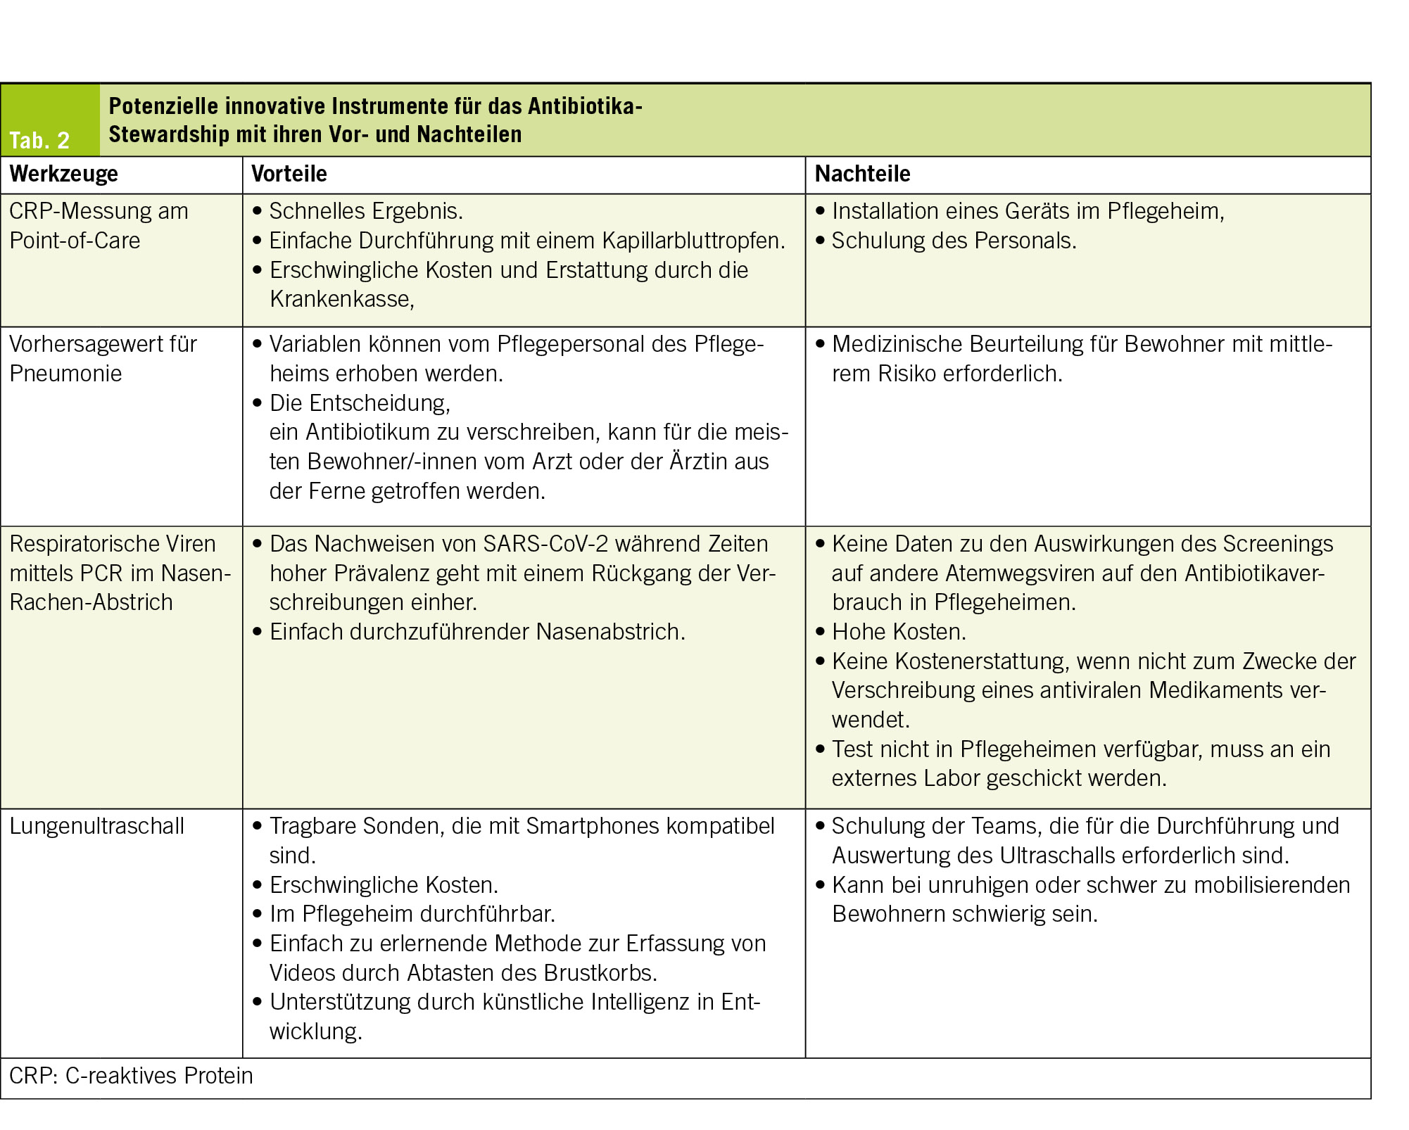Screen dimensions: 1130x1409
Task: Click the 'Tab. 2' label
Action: [39, 140]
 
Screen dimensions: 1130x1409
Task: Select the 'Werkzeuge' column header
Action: [64, 174]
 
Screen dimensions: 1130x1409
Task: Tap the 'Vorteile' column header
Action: [289, 174]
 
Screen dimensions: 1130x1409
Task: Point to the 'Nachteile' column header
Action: [862, 174]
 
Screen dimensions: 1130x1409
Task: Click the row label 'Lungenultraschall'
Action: [97, 826]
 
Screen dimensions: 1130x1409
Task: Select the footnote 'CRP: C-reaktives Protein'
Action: [131, 1076]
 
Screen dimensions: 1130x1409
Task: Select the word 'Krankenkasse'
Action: [341, 299]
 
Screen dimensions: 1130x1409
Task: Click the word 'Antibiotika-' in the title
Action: [585, 106]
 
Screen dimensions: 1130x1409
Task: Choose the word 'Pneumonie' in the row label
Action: [65, 374]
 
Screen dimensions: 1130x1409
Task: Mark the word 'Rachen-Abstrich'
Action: [91, 602]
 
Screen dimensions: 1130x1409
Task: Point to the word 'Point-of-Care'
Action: [75, 241]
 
